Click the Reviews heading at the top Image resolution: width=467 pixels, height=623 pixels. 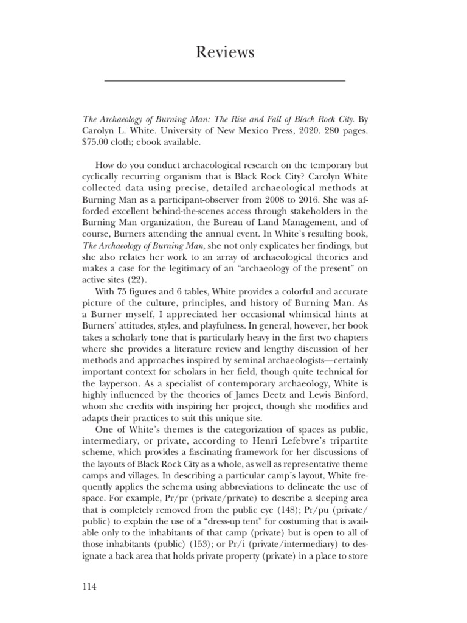[x=225, y=53]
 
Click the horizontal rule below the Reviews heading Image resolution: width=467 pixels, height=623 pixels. [x=225, y=80]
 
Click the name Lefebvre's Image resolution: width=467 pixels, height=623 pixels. [x=286, y=454]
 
